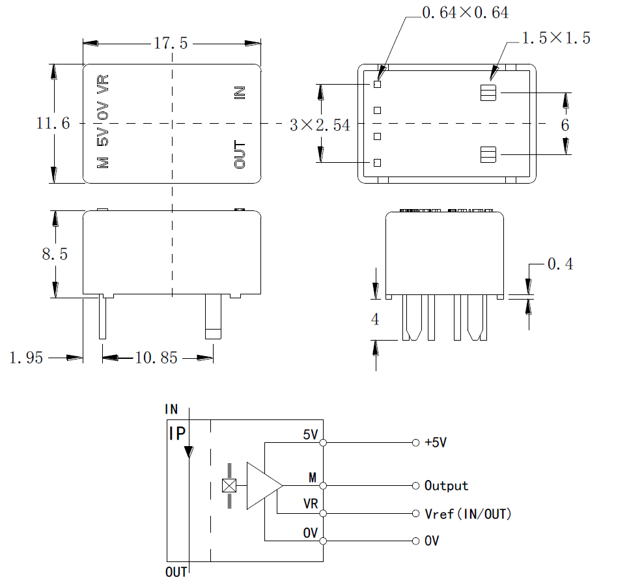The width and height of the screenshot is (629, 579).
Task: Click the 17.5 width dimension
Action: tap(171, 44)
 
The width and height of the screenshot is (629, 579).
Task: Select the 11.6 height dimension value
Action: tap(53, 123)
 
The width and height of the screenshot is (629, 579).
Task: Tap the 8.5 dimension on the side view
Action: tap(55, 253)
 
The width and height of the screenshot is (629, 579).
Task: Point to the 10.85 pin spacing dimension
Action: tap(156, 358)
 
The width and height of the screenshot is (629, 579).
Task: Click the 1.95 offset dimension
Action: tap(26, 358)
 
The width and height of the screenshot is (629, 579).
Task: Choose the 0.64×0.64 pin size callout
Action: tap(465, 12)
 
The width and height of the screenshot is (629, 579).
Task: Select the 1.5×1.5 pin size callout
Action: tap(556, 38)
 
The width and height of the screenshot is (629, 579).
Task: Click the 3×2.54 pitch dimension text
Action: tap(320, 125)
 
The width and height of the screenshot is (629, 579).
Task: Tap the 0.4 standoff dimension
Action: tap(560, 264)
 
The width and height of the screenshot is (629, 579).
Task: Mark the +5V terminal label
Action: tap(436, 443)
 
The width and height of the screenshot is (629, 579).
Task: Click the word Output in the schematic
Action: tap(446, 486)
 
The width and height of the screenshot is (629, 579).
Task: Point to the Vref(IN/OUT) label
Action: tap(468, 515)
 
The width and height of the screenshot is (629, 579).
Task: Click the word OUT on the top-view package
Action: tap(240, 155)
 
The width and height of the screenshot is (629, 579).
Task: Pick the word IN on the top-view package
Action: tap(240, 93)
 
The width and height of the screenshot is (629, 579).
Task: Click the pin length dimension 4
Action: tap(374, 320)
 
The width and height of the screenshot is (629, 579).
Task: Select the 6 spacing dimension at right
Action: tap(565, 125)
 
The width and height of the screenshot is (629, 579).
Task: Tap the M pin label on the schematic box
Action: tap(313, 479)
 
